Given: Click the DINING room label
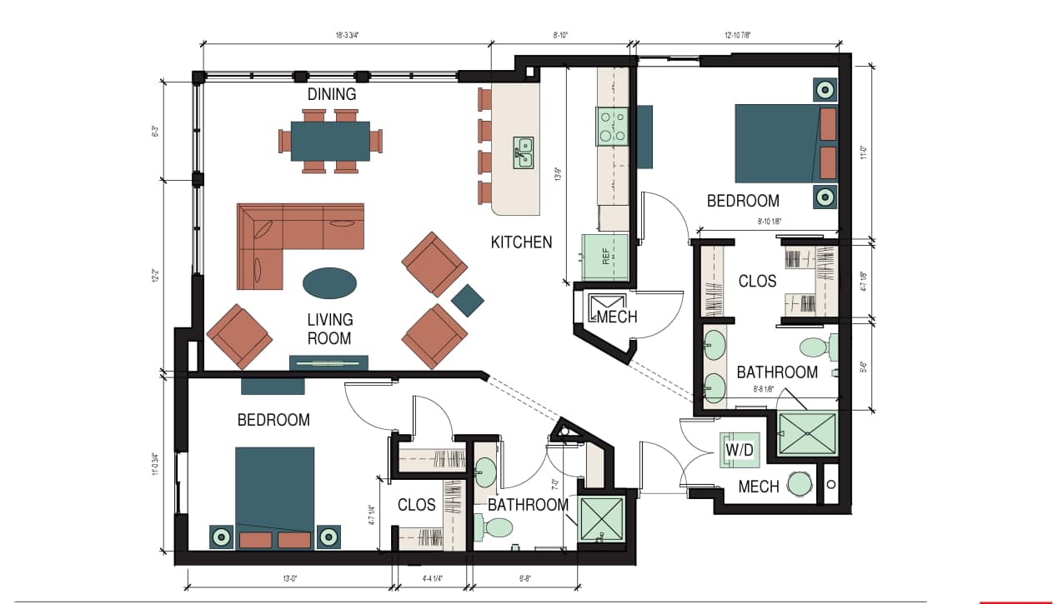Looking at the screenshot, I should pos(331,94).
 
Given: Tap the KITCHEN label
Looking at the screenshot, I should pos(521,242).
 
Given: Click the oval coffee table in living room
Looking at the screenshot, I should pos(328,282).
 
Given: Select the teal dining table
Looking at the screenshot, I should pos(330,141).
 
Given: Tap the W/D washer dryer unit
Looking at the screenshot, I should pos(740,451).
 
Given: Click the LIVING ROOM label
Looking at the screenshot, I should pos(329,328).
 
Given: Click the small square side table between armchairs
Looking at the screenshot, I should pos(467,300).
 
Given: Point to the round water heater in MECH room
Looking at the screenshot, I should pos(800,483).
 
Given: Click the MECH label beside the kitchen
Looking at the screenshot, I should pos(617,317).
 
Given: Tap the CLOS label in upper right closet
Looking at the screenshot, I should pos(757,282).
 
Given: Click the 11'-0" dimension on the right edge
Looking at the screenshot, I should pos(865,152).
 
